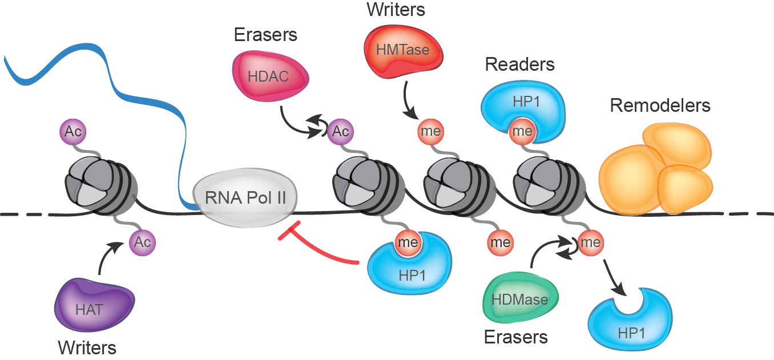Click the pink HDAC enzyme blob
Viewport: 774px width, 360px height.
click(269, 76)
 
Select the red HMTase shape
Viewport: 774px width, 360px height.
click(402, 51)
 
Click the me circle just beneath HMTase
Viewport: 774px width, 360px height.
click(430, 131)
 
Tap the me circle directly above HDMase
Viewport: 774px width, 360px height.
click(501, 242)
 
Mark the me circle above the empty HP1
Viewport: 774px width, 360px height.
click(590, 242)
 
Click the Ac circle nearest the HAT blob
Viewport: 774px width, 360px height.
click(142, 242)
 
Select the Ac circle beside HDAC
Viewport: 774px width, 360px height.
click(341, 132)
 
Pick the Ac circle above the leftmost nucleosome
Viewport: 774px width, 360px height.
click(73, 132)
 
